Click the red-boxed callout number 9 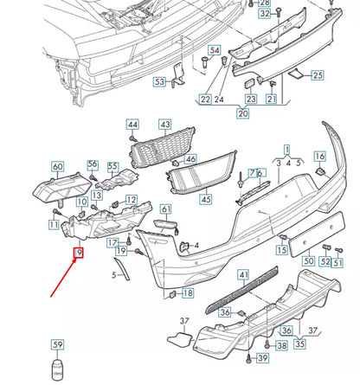(78, 253)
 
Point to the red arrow (63, 276)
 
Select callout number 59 (58, 347)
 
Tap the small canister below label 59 (58, 369)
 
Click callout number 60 (58, 166)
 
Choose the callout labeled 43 (165, 125)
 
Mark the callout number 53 (160, 82)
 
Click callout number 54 (214, 51)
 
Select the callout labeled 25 (318, 76)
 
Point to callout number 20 (243, 113)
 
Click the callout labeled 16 (320, 156)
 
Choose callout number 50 (308, 260)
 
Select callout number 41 (243, 275)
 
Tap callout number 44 (132, 125)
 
